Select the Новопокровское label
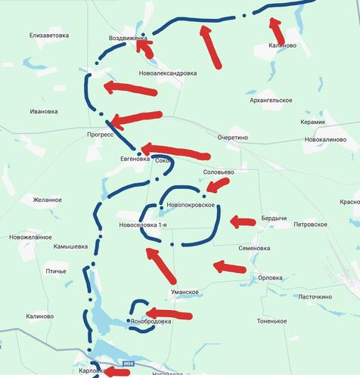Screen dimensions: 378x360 click(192, 206)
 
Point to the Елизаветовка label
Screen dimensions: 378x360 click(49, 35)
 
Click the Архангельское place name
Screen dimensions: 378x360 click(270, 100)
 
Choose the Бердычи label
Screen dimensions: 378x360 click(274, 218)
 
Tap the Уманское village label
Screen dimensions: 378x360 click(184, 292)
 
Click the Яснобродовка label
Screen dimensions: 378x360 click(151, 321)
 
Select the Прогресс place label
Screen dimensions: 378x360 click(100, 134)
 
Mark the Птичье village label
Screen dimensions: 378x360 click(56, 271)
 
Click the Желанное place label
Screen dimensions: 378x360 click(46, 200)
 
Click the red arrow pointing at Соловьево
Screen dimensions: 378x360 click(219, 184)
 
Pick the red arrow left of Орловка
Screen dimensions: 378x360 click(230, 267)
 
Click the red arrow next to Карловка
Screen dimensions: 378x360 click(116, 371)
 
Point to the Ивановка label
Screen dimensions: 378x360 click(44, 111)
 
